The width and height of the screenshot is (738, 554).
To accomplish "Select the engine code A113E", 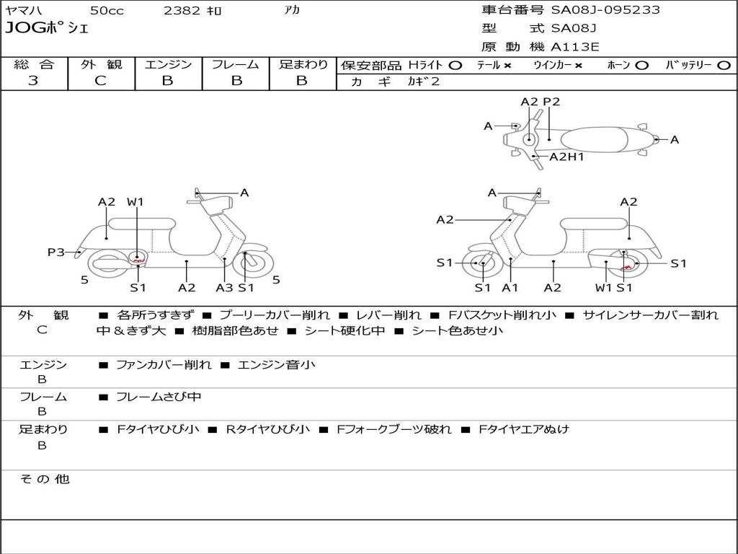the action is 575,48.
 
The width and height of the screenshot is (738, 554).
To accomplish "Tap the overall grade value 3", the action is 33,81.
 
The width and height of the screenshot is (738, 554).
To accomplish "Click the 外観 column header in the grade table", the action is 101,64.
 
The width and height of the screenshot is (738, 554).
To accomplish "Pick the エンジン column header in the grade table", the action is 168,64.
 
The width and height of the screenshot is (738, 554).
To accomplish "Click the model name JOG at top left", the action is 23,29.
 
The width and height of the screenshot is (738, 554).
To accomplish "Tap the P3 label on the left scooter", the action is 56,252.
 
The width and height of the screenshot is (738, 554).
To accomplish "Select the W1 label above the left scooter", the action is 135,202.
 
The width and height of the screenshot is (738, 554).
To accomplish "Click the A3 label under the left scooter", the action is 224,288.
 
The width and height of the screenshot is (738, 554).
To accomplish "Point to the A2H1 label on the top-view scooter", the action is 566,157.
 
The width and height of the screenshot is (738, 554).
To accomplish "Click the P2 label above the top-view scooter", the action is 551,102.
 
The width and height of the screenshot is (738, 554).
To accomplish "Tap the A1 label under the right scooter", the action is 510,288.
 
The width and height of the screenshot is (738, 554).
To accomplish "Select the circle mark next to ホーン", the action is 642,65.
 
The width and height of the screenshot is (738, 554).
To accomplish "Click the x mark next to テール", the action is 507,65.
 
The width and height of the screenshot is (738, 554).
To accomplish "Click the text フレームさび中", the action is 159,397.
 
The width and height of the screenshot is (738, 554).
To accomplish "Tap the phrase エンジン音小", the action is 276,365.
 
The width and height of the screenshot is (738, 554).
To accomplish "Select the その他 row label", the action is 45,479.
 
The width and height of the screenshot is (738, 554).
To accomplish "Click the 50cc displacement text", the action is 106,11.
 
